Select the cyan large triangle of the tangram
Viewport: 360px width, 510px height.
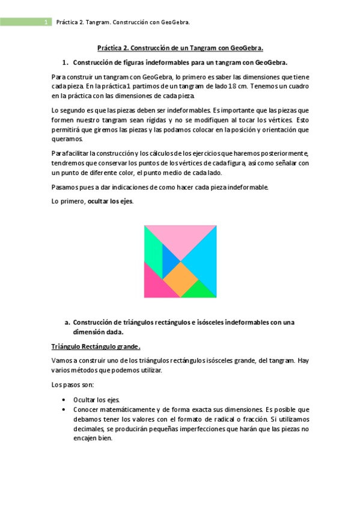pyautogui.click(x=204, y=259)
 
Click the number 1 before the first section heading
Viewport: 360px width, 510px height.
pyautogui.click(x=64, y=63)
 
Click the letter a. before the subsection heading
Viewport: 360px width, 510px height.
pyautogui.click(x=67, y=323)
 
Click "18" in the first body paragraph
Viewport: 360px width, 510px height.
pyautogui.click(x=227, y=86)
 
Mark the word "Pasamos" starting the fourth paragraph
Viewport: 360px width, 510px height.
pyautogui.click(x=64, y=187)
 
